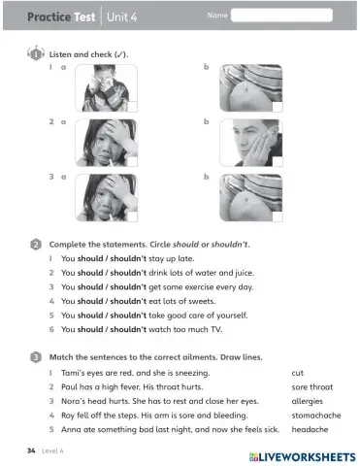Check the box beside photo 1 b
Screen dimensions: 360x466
click(278, 107)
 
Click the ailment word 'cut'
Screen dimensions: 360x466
click(297, 372)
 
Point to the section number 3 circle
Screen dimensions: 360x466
click(35, 356)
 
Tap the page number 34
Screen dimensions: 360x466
click(32, 452)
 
